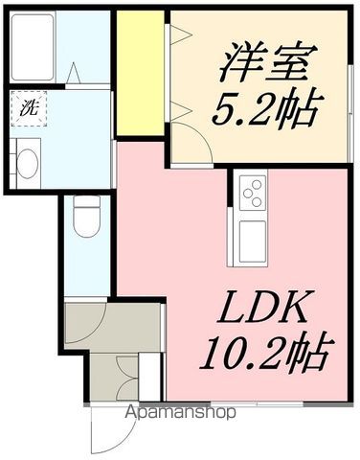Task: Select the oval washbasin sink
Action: (27, 161)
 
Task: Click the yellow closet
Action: (139, 74)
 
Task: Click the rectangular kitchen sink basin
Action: (252, 240)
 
